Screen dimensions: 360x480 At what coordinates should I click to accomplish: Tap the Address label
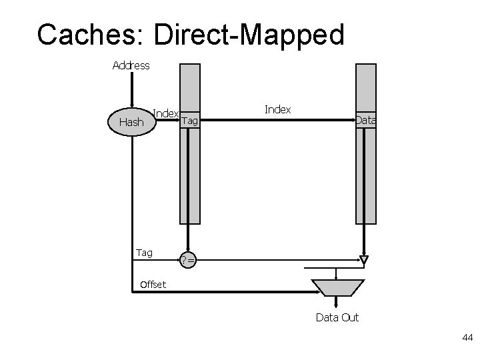(131, 65)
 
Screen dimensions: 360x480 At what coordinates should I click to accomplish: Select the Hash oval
(131, 122)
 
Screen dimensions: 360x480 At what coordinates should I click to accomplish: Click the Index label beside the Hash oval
(165, 113)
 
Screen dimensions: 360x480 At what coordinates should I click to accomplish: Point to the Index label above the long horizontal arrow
(277, 109)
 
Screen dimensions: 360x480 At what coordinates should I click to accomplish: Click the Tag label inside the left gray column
(190, 121)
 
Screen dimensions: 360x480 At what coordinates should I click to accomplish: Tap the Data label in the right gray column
(365, 121)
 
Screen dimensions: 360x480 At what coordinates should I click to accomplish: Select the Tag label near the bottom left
(144, 253)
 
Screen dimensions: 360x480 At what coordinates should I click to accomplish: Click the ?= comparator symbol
(188, 261)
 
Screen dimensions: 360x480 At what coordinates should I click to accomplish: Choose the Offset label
(153, 285)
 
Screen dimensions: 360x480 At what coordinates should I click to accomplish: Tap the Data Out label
(337, 317)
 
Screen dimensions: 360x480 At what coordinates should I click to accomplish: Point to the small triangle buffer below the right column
(364, 259)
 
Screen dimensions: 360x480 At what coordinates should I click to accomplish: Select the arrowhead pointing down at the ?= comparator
(189, 247)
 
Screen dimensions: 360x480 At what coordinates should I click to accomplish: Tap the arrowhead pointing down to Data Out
(337, 304)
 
